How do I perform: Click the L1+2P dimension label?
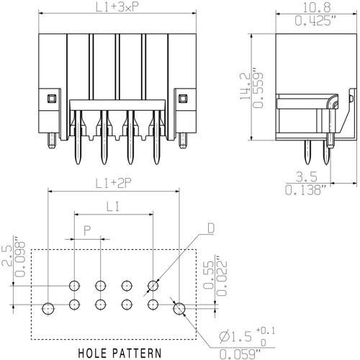click(x=112, y=183)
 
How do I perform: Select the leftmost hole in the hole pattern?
click(x=48, y=309)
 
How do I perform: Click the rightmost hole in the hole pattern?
click(x=179, y=309)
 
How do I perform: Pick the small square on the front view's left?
click(x=51, y=97)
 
